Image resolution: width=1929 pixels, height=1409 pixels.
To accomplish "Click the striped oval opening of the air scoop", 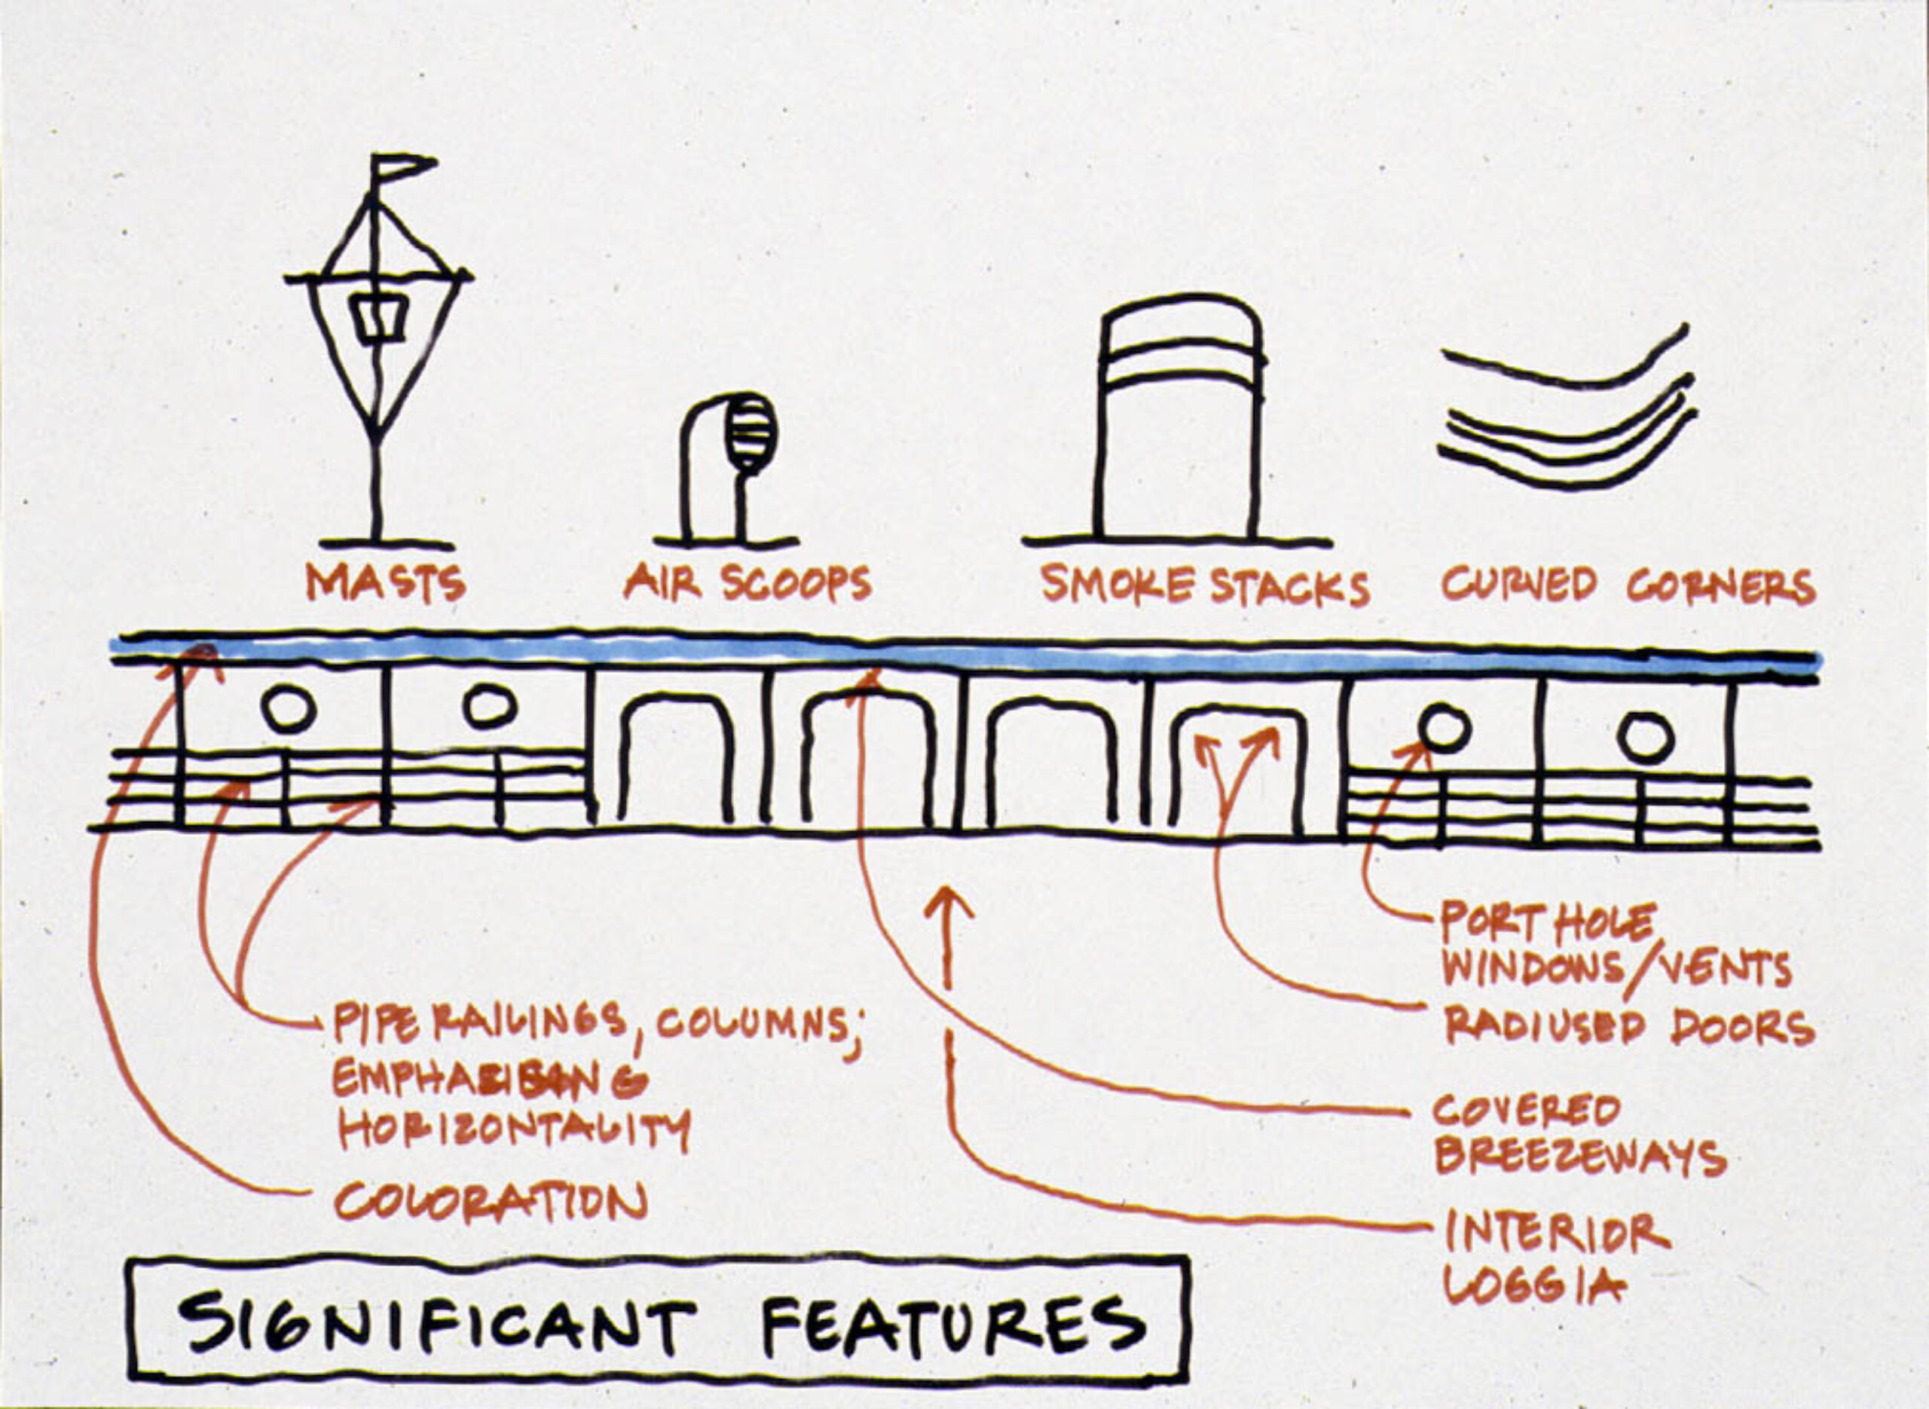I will pos(750,433).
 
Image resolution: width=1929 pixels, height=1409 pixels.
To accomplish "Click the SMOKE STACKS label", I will pos(1204,586).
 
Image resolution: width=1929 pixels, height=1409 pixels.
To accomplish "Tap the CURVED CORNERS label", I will pos(1627,586).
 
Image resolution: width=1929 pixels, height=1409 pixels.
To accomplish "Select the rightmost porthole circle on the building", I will pos(1646,737).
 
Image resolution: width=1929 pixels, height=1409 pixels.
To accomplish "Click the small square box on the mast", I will pos(376,319).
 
